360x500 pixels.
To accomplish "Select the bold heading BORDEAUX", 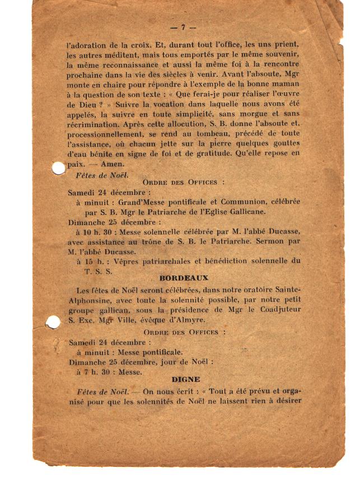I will [183, 278].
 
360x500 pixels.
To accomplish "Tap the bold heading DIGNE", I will [185, 380].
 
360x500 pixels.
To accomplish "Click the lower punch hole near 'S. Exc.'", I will [53, 322].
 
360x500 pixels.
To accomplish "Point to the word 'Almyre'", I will [189, 320].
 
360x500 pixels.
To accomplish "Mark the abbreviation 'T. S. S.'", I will [99, 271].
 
